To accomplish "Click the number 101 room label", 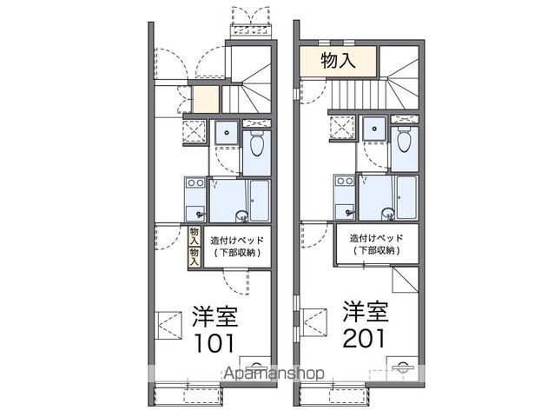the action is (214, 343).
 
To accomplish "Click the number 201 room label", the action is (364, 338).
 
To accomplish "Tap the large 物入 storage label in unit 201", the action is (338, 61).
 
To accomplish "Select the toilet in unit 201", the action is (405, 140).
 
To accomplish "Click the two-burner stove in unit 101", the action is (195, 182).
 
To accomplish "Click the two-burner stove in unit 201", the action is (344, 181).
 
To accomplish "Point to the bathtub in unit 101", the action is (260, 201).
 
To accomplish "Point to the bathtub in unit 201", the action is (406, 198).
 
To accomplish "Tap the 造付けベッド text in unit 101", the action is (237, 241).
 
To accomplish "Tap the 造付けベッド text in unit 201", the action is (377, 238).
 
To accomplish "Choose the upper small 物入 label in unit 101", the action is (195, 236).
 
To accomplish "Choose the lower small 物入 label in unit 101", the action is (195, 257).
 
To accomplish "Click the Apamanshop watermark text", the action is (274, 374).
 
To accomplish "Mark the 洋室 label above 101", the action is (215, 317).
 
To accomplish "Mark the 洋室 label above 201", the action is (366, 311).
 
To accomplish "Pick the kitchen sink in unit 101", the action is (195, 213).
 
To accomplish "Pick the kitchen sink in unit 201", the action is (345, 211).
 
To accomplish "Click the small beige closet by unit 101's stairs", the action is (206, 99).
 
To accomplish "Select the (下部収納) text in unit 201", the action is (377, 250).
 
